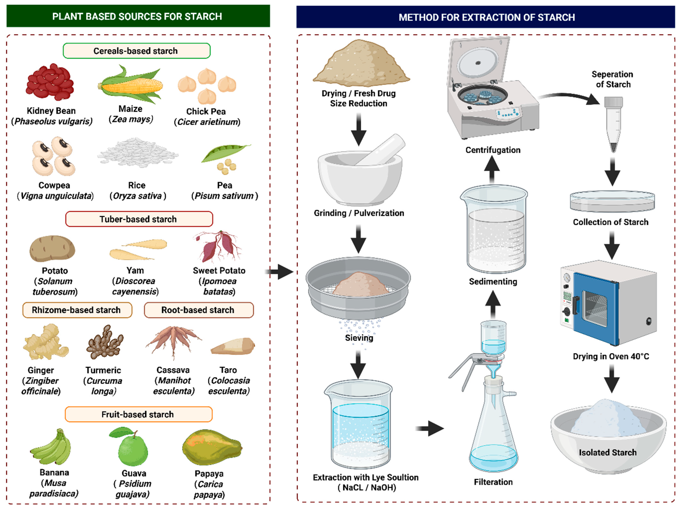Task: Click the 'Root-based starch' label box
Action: coord(199,310)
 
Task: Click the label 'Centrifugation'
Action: coord(493,150)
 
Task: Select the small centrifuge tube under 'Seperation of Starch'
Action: coord(613,123)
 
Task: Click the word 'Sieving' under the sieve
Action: coord(359,338)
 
